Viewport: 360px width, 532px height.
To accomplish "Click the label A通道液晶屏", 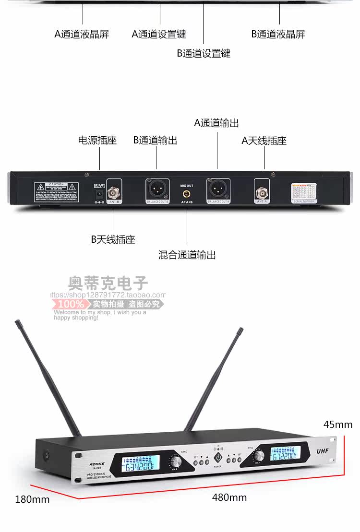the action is pyautogui.click(x=82, y=34).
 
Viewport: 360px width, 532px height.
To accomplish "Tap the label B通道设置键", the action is pyautogui.click(x=204, y=53).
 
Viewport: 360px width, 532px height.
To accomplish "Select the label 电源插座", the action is pyautogui.click(x=97, y=140).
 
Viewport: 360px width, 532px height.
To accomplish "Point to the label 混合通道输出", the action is pyautogui.click(x=187, y=255).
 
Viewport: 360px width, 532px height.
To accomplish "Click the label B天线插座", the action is pyautogui.click(x=113, y=239).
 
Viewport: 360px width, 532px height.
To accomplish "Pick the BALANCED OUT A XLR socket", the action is pyautogui.click(x=218, y=189).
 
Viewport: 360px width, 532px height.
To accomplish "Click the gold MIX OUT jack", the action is pyautogui.click(x=187, y=194).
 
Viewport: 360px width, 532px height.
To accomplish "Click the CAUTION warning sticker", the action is pyautogui.click(x=57, y=192).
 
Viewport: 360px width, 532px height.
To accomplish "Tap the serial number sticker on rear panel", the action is pyautogui.click(x=304, y=193).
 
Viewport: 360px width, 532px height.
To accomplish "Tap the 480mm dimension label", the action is pyautogui.click(x=229, y=497).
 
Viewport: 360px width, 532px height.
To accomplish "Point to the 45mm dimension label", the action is pyautogui.click(x=337, y=424).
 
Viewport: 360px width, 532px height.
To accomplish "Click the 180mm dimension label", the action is pyautogui.click(x=32, y=499).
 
